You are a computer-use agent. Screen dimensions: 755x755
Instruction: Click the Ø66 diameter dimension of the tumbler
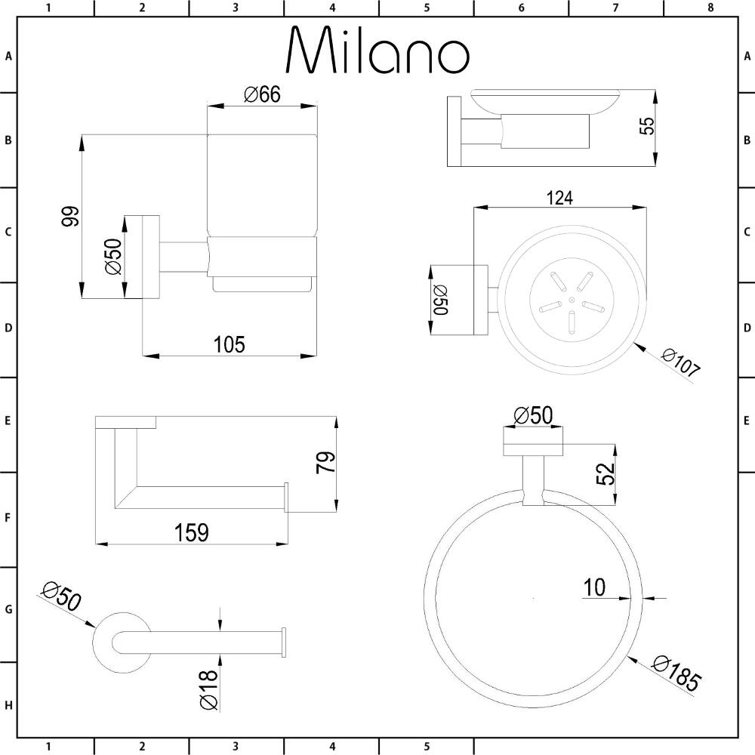[262, 95]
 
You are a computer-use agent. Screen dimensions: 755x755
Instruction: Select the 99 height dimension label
[70, 217]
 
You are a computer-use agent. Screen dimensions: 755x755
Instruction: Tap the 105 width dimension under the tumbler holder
[230, 344]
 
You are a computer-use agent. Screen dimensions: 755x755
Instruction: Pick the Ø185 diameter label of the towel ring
[677, 674]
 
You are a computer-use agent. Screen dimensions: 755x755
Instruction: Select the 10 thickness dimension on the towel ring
[595, 587]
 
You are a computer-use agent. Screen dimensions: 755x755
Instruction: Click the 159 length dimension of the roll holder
[192, 532]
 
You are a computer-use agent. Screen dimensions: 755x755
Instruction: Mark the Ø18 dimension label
[209, 689]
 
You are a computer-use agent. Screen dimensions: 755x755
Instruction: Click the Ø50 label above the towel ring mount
[533, 415]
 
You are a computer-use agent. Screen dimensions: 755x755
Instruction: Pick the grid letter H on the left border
[8, 706]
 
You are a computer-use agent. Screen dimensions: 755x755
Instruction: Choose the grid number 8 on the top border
[710, 8]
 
